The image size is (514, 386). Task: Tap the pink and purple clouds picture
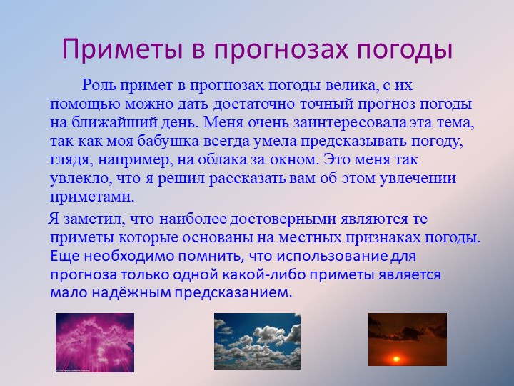point(94,342)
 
